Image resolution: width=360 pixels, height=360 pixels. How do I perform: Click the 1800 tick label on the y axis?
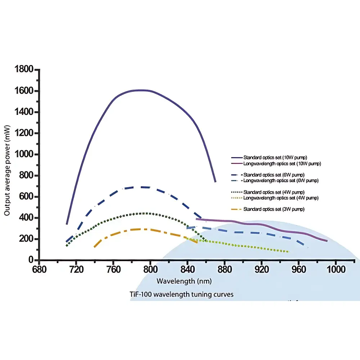(24, 69)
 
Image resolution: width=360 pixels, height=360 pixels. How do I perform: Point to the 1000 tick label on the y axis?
(24, 154)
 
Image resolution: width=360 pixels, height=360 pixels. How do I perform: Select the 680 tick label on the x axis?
(39, 269)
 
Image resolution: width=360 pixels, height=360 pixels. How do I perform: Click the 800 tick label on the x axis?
(150, 269)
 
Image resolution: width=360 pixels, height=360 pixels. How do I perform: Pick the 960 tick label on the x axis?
(298, 269)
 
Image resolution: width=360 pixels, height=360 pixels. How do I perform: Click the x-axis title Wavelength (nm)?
(184, 280)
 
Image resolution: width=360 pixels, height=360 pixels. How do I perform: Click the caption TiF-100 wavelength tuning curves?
(181, 294)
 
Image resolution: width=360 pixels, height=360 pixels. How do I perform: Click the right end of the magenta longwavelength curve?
(327, 241)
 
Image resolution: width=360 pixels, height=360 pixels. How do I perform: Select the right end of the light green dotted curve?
(289, 252)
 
